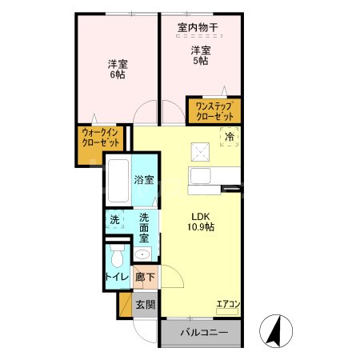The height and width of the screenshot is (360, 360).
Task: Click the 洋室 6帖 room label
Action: [118, 70]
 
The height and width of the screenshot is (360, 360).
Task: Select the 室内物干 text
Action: [198, 28]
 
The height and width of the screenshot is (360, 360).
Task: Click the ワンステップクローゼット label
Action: [214, 110]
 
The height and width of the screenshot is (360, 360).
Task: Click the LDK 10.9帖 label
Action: [202, 221]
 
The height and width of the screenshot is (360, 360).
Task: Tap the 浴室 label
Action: [144, 182]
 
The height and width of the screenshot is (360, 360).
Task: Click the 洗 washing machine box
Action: [114, 218]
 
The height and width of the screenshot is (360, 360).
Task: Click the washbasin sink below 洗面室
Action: [142, 254]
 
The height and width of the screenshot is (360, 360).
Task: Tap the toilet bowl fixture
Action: [117, 257]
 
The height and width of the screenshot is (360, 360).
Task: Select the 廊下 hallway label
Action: [145, 278]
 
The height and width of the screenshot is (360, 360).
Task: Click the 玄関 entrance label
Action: [145, 305]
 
